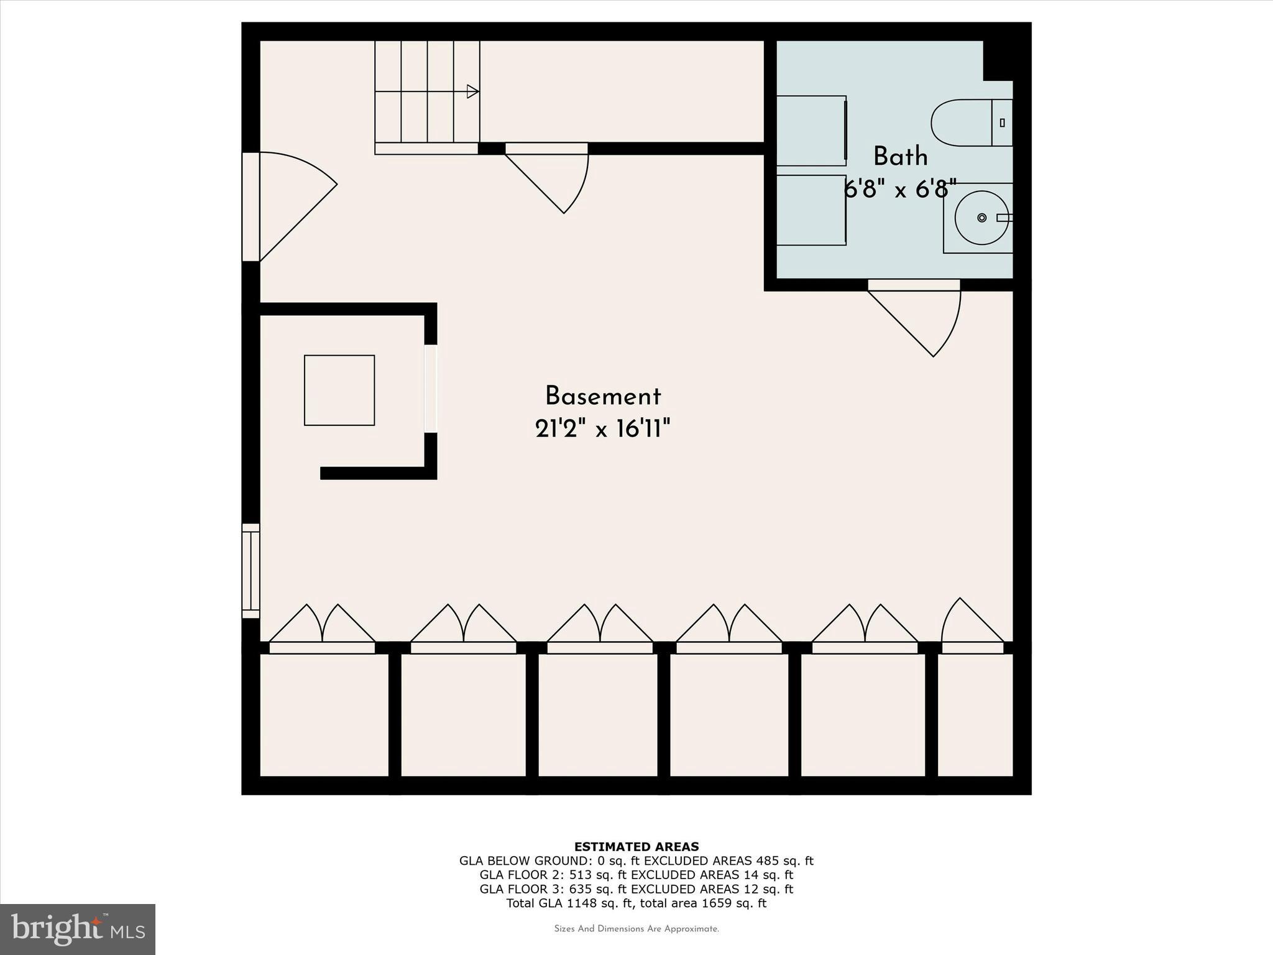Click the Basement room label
(x=602, y=397)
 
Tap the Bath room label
(x=900, y=157)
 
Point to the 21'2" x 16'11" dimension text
(x=602, y=428)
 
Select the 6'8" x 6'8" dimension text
(x=899, y=188)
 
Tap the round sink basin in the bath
(x=981, y=218)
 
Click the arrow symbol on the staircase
(x=472, y=91)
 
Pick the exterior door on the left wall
(x=289, y=205)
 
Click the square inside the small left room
(x=339, y=390)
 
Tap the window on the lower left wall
(x=250, y=571)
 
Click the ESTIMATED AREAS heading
(x=636, y=846)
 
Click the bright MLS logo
(x=78, y=929)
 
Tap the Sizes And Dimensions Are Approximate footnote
(x=636, y=929)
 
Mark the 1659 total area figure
(x=718, y=903)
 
